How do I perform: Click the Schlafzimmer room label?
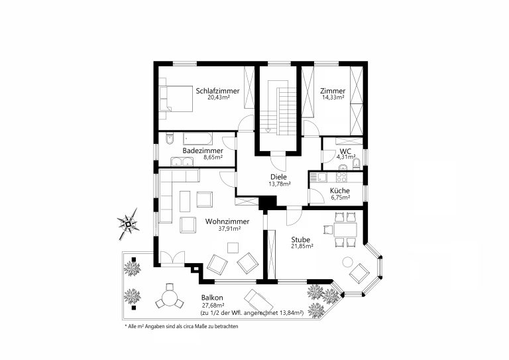tap(217, 91)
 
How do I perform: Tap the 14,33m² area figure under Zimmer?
tap(333, 97)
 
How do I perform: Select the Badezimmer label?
tap(203, 150)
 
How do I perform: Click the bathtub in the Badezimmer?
tap(198, 139)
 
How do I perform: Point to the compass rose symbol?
tap(128, 224)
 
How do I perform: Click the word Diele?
tap(278, 177)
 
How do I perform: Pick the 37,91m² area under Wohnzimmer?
tap(229, 228)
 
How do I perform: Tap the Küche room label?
tap(339, 190)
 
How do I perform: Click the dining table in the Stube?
tap(345, 230)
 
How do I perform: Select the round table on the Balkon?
tap(169, 298)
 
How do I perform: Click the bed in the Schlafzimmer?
tap(176, 99)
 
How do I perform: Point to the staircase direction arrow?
tap(268, 131)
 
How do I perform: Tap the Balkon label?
tap(212, 298)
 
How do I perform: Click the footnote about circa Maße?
tap(182, 326)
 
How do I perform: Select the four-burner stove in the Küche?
tap(341, 177)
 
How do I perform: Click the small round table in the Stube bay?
tap(348, 262)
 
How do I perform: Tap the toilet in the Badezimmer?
tap(170, 139)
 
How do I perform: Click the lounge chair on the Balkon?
tap(258, 301)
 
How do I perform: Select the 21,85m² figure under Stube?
tap(302, 246)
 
